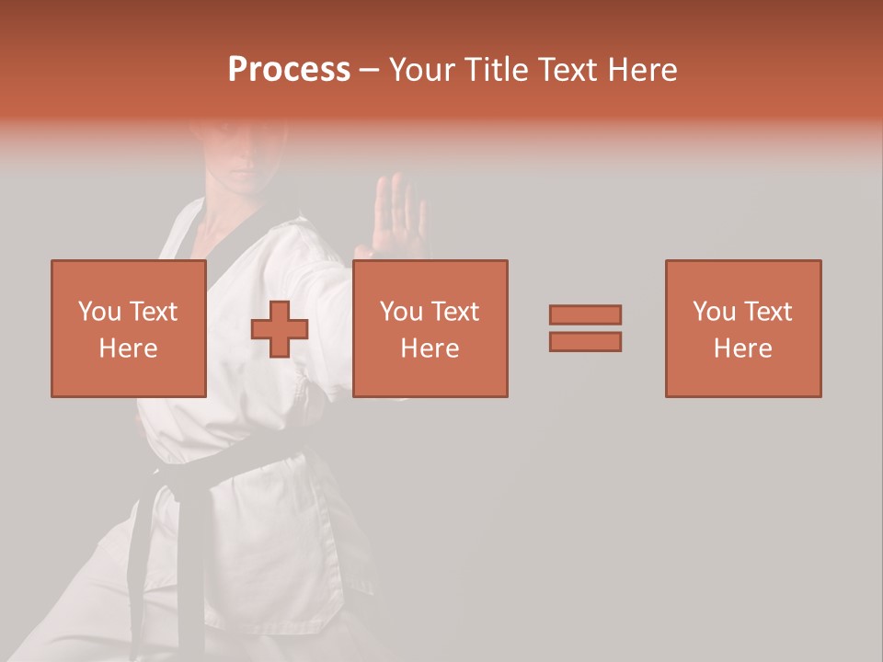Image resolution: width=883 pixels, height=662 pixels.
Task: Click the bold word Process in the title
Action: (x=289, y=70)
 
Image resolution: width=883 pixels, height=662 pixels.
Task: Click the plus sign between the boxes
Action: (x=280, y=329)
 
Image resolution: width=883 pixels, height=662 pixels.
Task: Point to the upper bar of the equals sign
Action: (x=585, y=314)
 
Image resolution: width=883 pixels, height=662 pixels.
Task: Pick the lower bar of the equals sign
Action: (x=585, y=342)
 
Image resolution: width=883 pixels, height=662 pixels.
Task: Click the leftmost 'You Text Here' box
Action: (x=129, y=328)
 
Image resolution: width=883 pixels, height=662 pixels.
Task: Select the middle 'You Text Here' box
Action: (x=430, y=328)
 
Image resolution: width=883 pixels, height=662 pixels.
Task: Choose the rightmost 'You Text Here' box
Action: (x=743, y=328)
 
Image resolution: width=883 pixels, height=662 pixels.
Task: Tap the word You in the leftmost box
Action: (x=99, y=312)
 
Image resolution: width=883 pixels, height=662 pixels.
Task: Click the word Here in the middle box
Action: (x=430, y=348)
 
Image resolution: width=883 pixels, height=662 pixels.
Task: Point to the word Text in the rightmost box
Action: (x=767, y=312)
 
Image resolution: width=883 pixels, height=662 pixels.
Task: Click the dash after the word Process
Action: (x=369, y=70)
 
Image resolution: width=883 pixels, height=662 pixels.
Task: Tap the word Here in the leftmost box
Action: (x=129, y=348)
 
